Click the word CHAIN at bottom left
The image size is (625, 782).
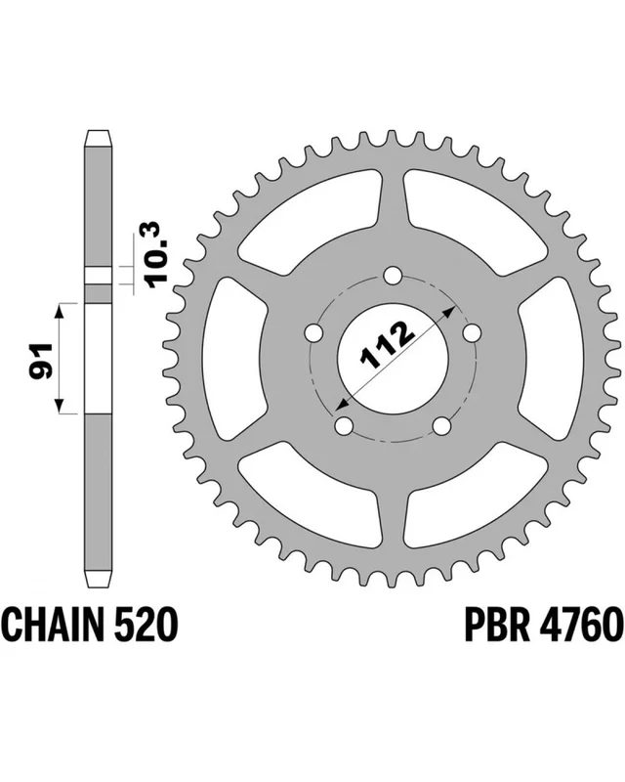tap(55, 624)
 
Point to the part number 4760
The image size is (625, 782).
tap(581, 624)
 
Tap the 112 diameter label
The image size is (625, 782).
tap(388, 346)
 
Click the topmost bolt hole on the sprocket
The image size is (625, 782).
tap(394, 275)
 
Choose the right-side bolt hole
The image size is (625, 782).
tap(473, 332)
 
